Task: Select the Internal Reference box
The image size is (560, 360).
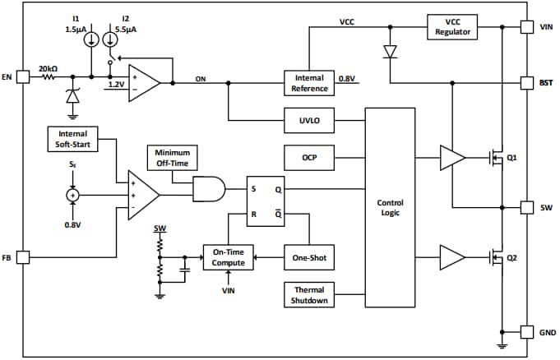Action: coord(309,82)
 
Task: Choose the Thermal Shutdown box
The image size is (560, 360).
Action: coord(309,294)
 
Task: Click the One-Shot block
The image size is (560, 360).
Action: coord(309,257)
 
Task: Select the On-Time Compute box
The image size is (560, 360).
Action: coord(229,257)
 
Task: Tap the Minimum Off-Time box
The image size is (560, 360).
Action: coord(173,158)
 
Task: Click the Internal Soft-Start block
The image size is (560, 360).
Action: coord(72,138)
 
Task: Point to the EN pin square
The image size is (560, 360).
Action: coord(22,77)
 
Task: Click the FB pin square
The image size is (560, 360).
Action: coord(22,257)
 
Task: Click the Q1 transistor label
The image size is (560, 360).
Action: coord(511,157)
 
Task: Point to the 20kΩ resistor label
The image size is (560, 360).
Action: coord(48,68)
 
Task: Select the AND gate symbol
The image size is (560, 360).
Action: coord(207,190)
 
